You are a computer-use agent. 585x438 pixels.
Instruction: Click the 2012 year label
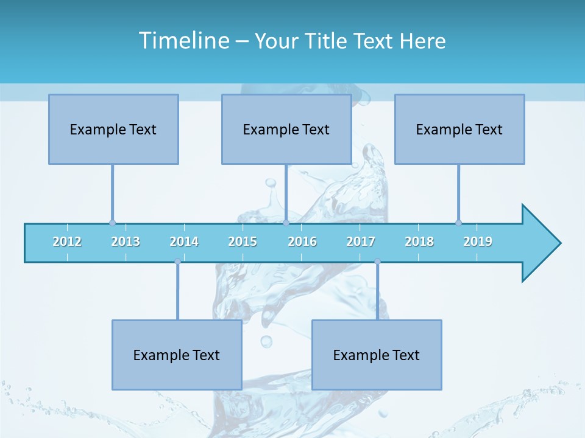[x=67, y=242]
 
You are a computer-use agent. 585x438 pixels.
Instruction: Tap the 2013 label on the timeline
[x=126, y=242]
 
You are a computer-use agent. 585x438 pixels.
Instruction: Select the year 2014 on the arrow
[x=184, y=242]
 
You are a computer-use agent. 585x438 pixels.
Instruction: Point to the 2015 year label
[x=243, y=242]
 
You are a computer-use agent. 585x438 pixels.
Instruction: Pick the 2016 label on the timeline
[x=302, y=242]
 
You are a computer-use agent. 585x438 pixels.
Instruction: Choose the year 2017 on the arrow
[x=361, y=242]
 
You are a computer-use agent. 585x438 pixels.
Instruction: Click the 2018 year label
[x=419, y=242]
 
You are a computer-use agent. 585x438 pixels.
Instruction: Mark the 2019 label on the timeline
[x=478, y=242]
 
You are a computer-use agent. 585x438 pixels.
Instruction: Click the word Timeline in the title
[x=183, y=41]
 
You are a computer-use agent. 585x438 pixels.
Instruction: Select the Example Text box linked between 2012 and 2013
[x=113, y=129]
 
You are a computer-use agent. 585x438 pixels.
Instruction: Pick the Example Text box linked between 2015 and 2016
[x=286, y=129]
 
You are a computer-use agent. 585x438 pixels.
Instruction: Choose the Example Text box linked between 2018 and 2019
[x=459, y=129]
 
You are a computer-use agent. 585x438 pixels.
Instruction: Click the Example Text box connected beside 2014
[x=177, y=355]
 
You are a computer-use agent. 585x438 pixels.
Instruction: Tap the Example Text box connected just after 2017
[x=377, y=355]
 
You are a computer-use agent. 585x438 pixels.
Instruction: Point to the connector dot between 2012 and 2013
[x=112, y=223]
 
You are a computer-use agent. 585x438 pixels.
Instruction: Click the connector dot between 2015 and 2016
[x=286, y=223]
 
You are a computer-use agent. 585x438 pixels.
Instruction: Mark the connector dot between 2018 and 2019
[x=458, y=223]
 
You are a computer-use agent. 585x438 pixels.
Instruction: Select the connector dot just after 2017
[x=377, y=262]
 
